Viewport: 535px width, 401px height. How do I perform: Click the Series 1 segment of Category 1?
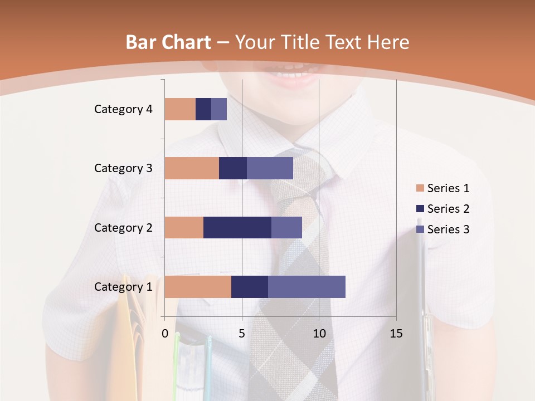(x=198, y=287)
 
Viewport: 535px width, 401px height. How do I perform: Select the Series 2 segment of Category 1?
(x=250, y=287)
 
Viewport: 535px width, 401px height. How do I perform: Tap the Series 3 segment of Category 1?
(x=307, y=287)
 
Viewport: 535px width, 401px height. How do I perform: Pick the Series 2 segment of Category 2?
(x=237, y=227)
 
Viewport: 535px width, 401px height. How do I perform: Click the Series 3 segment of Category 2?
(x=286, y=227)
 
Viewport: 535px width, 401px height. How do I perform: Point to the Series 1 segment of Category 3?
(x=192, y=168)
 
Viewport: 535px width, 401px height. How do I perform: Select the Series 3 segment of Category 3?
(x=270, y=168)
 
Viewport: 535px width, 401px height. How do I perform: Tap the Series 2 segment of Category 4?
(x=203, y=109)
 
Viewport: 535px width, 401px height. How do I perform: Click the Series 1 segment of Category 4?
(x=180, y=109)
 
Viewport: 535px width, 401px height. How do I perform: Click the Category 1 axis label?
(x=123, y=287)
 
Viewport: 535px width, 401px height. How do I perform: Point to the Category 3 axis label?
(x=123, y=168)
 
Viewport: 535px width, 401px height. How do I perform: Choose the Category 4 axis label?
(x=123, y=109)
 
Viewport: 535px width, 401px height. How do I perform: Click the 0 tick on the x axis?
(x=165, y=334)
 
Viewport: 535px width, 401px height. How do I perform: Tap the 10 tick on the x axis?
(x=319, y=334)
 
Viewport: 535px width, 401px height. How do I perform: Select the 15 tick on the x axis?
(x=396, y=334)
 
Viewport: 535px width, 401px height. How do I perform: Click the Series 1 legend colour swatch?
(x=420, y=188)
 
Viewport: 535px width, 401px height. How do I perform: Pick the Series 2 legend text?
(x=449, y=209)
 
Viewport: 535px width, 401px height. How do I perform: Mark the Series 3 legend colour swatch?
(x=420, y=229)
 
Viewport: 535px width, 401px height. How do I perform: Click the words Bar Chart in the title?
(x=168, y=42)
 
